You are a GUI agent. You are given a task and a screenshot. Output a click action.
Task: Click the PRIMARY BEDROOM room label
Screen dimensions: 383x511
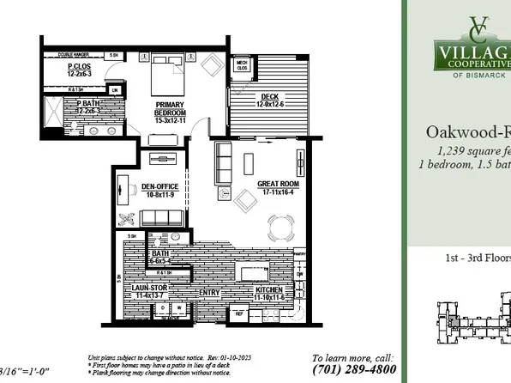[x=171, y=111]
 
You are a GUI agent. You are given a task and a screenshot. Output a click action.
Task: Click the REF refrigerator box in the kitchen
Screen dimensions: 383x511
[x=239, y=314]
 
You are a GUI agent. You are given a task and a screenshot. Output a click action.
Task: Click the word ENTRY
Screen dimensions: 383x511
[x=209, y=293]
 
